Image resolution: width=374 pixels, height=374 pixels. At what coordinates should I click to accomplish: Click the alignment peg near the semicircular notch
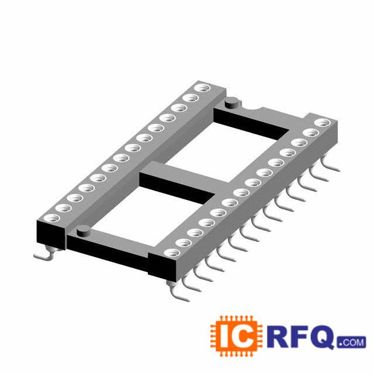point(232,103)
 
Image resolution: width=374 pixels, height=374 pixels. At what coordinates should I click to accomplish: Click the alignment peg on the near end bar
point(84,231)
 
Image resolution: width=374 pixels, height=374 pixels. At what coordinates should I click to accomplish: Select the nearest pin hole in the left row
point(52,218)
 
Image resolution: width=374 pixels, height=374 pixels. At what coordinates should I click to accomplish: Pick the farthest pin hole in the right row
point(323,123)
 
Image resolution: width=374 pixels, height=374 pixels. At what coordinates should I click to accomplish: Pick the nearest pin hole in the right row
point(172,253)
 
